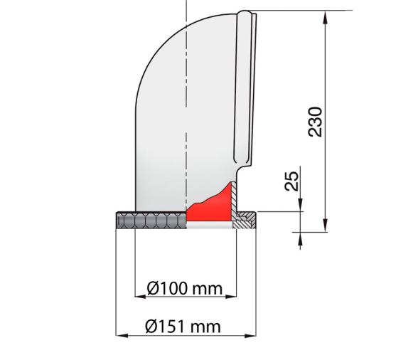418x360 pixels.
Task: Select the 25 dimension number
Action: (291, 181)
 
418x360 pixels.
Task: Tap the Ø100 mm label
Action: (185, 288)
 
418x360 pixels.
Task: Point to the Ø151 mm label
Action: (183, 327)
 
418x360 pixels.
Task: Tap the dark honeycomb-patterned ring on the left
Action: (149, 221)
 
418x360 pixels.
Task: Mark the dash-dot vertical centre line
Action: (186, 107)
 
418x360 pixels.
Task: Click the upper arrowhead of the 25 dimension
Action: (300, 206)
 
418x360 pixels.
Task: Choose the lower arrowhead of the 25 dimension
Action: (300, 235)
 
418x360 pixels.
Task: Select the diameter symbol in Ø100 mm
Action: (153, 288)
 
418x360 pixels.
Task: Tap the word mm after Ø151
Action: (207, 327)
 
